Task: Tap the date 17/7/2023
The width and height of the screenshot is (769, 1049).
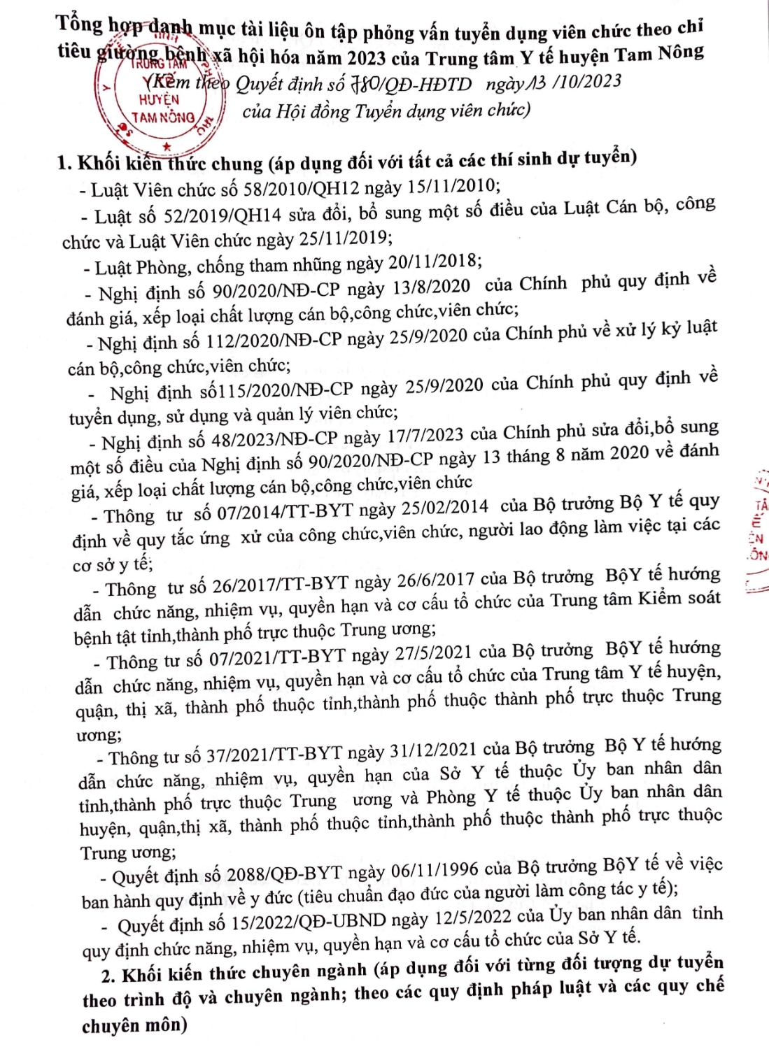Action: (x=424, y=436)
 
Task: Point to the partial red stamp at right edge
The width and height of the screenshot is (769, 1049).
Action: (x=759, y=531)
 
